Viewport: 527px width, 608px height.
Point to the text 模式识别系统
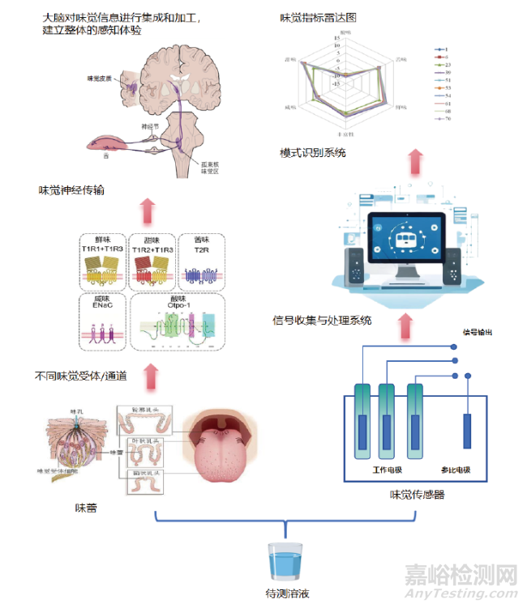point(312,152)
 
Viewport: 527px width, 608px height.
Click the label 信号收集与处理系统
point(322,321)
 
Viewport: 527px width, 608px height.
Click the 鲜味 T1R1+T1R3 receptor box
point(102,261)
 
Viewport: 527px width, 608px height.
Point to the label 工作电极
point(387,469)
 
